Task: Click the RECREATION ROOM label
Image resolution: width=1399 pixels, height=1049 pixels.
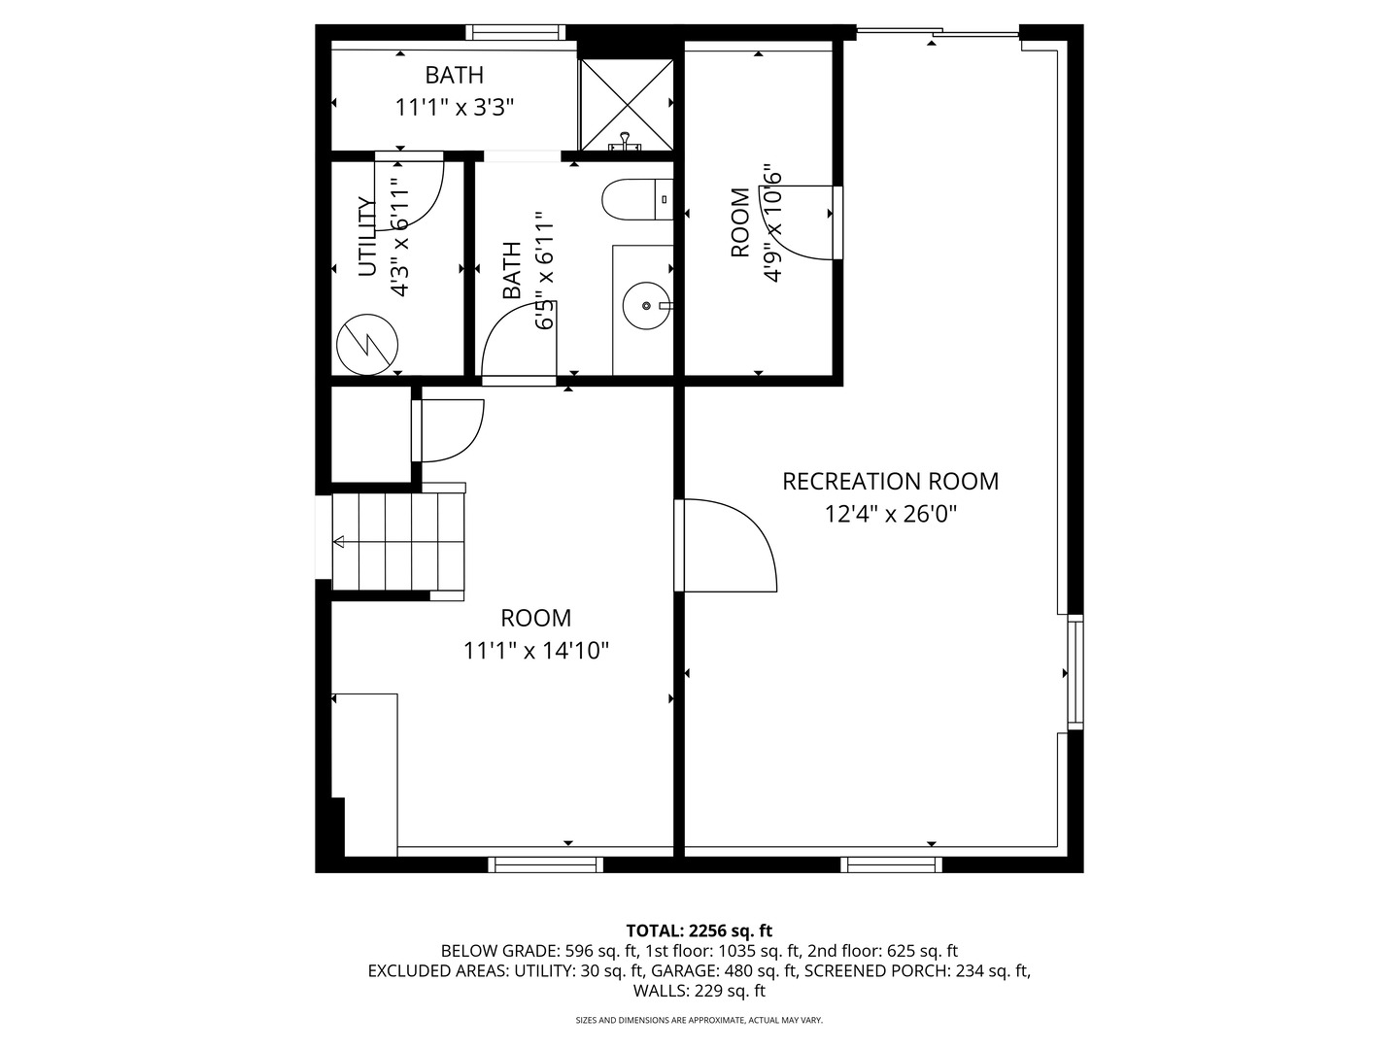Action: click(890, 481)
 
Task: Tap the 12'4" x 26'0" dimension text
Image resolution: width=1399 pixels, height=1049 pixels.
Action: click(890, 514)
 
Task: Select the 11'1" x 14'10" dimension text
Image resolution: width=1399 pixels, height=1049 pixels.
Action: click(535, 650)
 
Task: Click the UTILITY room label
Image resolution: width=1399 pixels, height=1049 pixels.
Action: click(366, 237)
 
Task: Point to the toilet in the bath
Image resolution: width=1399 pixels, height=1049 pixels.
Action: click(636, 201)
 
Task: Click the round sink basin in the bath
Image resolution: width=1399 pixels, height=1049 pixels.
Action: click(646, 306)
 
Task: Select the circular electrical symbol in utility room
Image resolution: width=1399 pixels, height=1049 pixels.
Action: click(367, 343)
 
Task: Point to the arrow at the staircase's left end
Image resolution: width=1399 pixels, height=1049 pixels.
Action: click(339, 542)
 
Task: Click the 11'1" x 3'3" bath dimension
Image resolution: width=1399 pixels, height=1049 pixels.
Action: click(454, 107)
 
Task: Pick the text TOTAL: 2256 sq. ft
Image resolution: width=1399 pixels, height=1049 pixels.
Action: click(699, 931)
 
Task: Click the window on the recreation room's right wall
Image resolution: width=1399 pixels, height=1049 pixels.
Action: click(1075, 671)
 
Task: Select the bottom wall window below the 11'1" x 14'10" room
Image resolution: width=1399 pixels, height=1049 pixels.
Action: click(545, 863)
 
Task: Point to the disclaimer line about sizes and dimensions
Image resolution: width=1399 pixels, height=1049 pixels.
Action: click(699, 1020)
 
